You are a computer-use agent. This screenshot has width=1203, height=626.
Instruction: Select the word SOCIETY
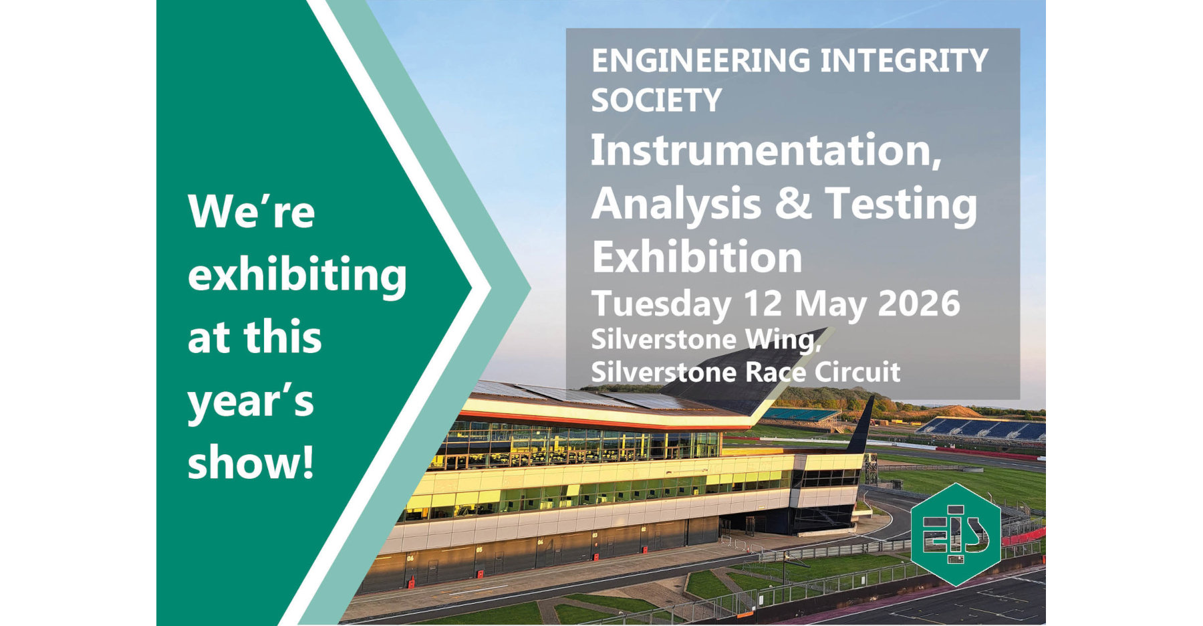click(656, 100)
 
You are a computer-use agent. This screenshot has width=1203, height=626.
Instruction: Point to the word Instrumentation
click(766, 150)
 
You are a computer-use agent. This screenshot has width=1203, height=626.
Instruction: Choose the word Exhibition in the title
click(697, 257)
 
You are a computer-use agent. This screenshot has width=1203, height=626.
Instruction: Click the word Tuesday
click(661, 304)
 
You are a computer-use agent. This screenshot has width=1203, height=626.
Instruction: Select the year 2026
click(918, 304)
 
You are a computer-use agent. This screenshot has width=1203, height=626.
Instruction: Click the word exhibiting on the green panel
click(297, 276)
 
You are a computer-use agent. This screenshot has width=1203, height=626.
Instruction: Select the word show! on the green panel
click(251, 461)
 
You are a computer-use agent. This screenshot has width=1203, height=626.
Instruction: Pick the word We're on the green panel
click(251, 212)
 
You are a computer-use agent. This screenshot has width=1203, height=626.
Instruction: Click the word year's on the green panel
click(251, 401)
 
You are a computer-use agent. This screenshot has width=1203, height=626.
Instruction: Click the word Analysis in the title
click(676, 203)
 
